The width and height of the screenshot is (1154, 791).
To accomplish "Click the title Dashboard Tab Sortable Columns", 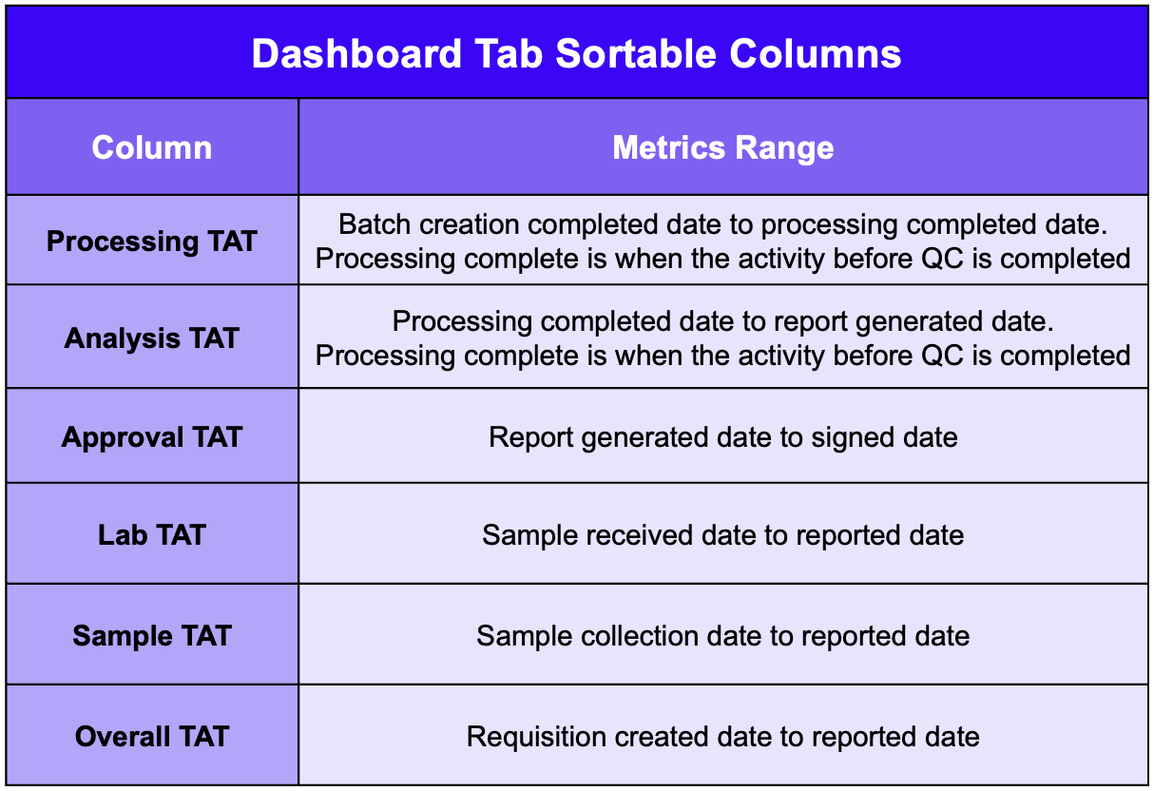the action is tap(576, 53).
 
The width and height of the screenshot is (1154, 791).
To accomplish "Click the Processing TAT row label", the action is tap(152, 241).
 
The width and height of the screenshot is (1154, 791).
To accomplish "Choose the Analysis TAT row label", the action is tap(152, 338).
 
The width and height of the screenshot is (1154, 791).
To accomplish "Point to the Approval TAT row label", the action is tap(152, 437).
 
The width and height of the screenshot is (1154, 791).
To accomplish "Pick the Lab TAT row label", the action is tap(152, 534).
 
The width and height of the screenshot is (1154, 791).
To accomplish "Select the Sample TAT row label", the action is tap(152, 635).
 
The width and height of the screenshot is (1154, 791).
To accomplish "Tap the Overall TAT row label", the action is tap(152, 736).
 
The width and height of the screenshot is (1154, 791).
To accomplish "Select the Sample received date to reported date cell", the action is tap(722, 535).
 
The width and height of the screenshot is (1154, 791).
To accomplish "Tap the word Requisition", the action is tap(536, 737).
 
